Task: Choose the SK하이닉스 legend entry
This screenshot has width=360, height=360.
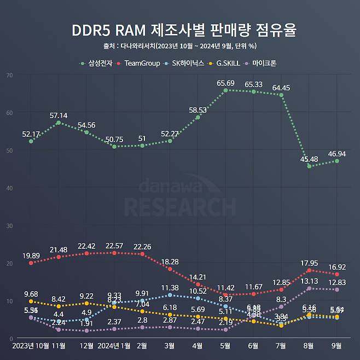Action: coord(187,63)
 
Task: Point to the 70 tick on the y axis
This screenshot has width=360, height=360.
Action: coord(9,74)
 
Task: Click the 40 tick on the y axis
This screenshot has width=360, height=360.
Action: coord(9,188)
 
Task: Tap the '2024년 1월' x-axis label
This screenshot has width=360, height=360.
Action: coord(114,346)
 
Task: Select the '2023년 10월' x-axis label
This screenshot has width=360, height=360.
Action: coord(31,346)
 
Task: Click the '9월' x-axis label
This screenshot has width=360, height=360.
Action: coord(336,346)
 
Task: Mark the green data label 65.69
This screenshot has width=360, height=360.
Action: coord(225,83)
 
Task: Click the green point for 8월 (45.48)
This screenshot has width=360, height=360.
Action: coord(309,166)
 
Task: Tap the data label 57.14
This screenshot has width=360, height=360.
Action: coord(59,116)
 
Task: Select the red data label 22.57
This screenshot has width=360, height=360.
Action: coord(114,246)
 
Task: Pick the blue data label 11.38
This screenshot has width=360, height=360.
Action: coord(170,288)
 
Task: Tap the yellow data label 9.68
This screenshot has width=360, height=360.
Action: coord(31,294)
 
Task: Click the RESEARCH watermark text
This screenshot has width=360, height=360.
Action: coord(180,207)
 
